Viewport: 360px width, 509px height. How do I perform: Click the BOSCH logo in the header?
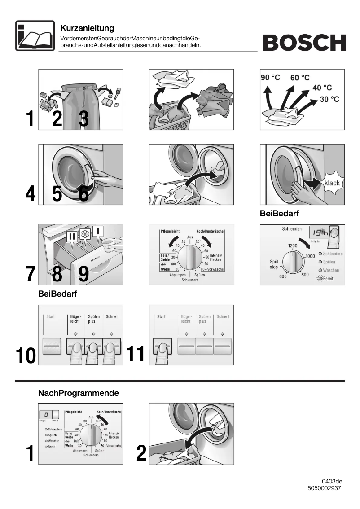(x=304, y=43)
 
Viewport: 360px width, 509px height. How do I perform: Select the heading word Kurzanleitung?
(x=87, y=29)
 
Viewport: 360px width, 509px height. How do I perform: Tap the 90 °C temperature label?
(x=270, y=78)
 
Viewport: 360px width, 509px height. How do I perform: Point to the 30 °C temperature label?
(x=329, y=99)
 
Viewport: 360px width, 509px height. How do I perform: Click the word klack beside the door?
(x=332, y=183)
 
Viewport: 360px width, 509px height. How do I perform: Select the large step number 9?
(x=83, y=274)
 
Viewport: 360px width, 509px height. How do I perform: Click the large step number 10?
(x=26, y=355)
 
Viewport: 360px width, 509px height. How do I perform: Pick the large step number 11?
(x=136, y=354)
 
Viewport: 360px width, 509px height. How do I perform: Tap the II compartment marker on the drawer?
(x=72, y=236)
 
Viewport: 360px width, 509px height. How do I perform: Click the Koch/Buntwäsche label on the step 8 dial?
(x=210, y=231)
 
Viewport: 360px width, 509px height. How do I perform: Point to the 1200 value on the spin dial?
(x=293, y=246)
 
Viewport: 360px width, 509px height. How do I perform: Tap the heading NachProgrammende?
(x=79, y=393)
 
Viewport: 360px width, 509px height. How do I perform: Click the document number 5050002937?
(x=324, y=488)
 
